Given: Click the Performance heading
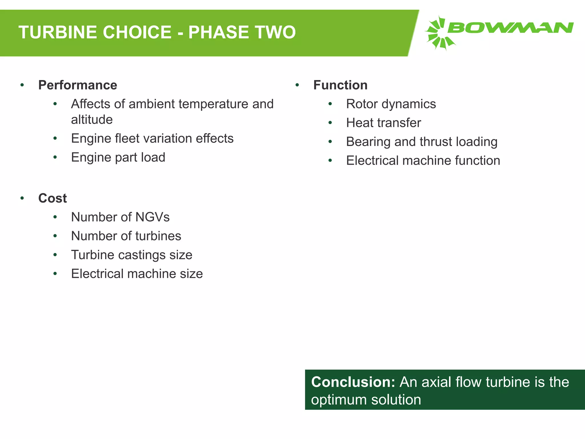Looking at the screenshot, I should (x=78, y=85).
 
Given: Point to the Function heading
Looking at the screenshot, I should (x=340, y=85).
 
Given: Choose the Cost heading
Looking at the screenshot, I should (x=53, y=198).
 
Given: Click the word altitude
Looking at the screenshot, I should (x=92, y=120).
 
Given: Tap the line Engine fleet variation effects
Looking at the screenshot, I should (x=152, y=139).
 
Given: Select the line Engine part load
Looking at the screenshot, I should (x=118, y=157).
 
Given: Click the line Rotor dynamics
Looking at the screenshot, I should (x=391, y=104).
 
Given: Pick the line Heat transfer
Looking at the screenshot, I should (x=383, y=123).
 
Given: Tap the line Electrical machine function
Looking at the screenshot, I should (x=423, y=161).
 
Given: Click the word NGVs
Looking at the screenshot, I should (x=153, y=217).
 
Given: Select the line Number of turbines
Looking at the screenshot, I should (x=126, y=236).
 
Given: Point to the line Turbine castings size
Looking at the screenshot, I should (x=132, y=255).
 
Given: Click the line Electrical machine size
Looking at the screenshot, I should (x=137, y=274).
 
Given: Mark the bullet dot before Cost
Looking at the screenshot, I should (x=22, y=198).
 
